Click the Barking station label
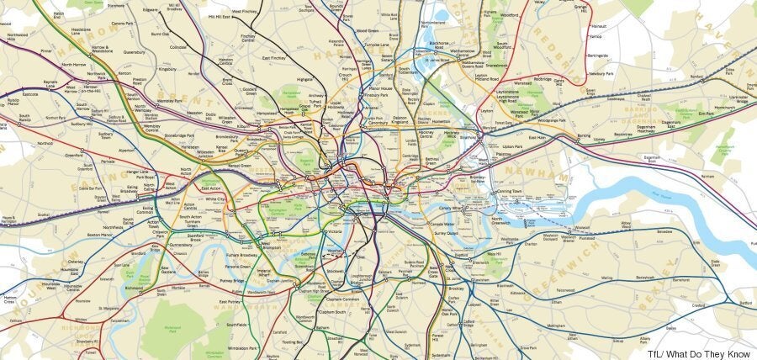pos(584,135)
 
